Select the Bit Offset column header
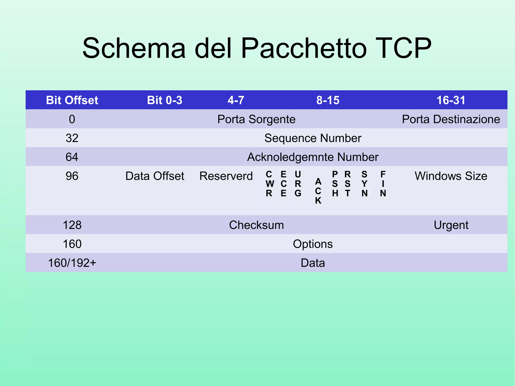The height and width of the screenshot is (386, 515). pos(72,100)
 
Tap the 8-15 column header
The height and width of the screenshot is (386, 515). pos(328,100)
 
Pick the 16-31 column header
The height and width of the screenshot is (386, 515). pos(451,100)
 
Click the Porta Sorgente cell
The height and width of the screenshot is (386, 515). pos(256,119)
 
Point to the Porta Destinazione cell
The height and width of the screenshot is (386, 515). pos(451,119)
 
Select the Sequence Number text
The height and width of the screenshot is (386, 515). pos(313,138)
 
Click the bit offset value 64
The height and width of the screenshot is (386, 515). pos(72,157)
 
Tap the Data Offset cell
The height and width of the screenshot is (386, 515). pos(155,176)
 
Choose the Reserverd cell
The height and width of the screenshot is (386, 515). pos(226,176)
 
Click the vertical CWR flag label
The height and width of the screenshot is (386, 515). pos(269,184)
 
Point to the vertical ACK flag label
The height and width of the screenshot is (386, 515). pos(318,191)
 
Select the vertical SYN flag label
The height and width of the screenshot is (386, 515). pos(364,184)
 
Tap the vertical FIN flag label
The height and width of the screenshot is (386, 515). pos(383,184)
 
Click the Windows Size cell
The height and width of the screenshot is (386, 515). pos(451,176)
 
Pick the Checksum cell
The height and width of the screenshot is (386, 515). pos(256,225)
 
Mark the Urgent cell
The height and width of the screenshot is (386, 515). pos(451,225)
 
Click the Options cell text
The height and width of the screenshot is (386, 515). pos(313,244)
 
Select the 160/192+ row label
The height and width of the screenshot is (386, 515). pos(72,263)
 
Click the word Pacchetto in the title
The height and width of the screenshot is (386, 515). pos(304,48)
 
